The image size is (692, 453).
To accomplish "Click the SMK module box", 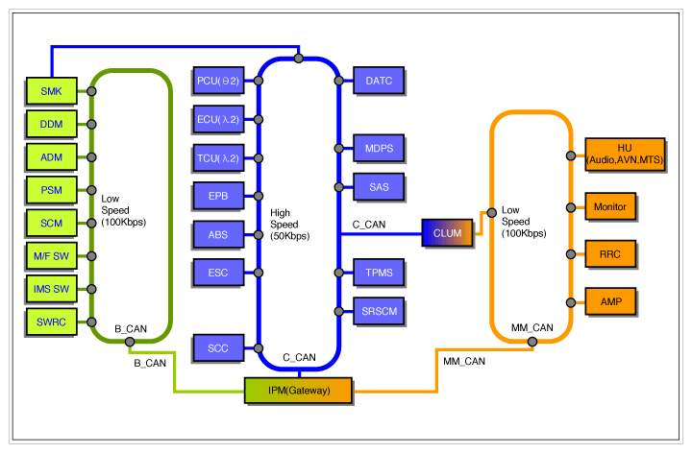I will (51, 91).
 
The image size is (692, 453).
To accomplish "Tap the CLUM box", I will (447, 232).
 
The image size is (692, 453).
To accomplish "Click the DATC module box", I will (379, 82).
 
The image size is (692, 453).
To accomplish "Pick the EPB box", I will (218, 196).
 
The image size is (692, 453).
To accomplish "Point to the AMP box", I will (611, 302).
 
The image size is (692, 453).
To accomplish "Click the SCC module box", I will (218, 347).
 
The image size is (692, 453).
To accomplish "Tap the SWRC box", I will (51, 321).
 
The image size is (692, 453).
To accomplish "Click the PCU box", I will (218, 82).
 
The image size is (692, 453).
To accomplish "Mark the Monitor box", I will (611, 206).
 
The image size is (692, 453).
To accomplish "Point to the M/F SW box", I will (51, 255).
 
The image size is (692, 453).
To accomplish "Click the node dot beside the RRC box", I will (571, 255).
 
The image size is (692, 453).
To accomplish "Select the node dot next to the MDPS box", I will (339, 149).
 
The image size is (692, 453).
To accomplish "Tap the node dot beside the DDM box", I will (91, 124).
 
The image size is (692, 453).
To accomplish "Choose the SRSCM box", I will (379, 311).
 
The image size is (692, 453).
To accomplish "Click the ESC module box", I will (218, 273).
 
